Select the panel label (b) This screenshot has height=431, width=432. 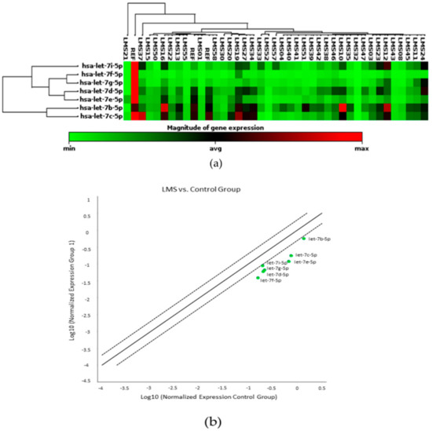[215, 422]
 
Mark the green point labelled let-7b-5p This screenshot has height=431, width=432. [303, 239]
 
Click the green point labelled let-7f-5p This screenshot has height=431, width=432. [258, 278]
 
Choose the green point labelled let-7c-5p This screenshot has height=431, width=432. [291, 256]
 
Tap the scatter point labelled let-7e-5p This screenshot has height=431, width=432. [288, 262]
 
